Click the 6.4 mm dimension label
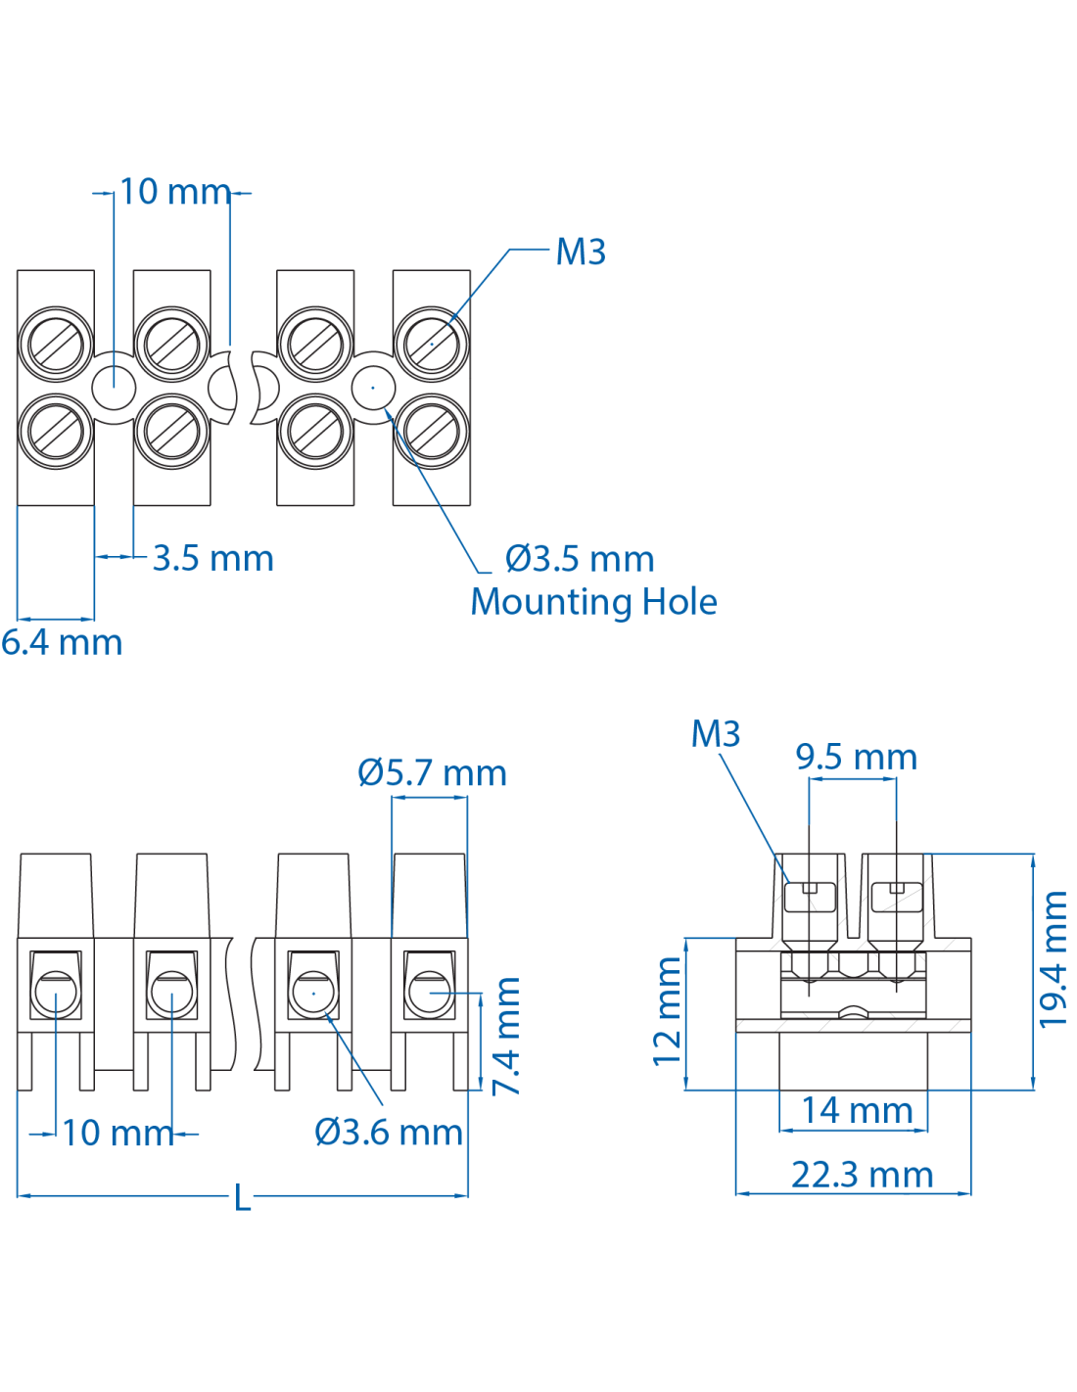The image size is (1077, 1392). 62,643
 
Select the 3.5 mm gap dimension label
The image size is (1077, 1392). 212,559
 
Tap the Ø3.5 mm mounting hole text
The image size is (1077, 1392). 579,559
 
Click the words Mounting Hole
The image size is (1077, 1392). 593,602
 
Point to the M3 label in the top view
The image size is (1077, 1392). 581,253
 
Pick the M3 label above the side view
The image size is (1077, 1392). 715,734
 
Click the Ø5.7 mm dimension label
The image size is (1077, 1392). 432,773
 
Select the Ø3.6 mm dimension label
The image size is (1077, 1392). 388,1133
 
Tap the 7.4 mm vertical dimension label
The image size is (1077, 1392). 507,1036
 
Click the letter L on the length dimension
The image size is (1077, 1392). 242,1197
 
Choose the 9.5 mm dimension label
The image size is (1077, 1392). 856,758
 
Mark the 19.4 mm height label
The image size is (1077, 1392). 1054,959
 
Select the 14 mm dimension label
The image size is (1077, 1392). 857,1111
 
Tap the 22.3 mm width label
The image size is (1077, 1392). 862,1175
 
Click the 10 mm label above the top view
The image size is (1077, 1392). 174,192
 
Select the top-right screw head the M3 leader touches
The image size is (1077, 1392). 431,344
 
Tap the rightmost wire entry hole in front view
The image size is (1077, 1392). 429,994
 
